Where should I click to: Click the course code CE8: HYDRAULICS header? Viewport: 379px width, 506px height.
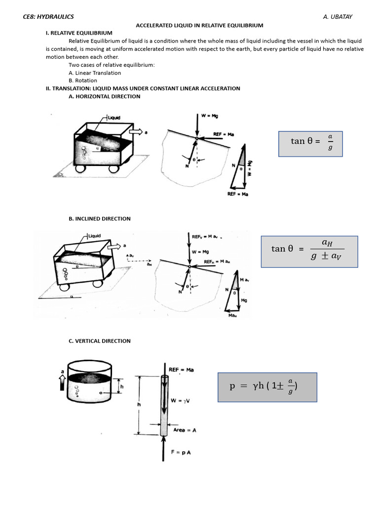[x=48, y=17]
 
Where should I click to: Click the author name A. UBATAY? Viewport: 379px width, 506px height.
[x=338, y=17]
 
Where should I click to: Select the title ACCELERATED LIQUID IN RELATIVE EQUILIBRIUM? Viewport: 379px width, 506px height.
[x=199, y=25]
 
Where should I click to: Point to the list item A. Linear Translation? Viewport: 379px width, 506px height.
[x=95, y=73]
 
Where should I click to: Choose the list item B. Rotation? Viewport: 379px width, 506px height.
[x=83, y=81]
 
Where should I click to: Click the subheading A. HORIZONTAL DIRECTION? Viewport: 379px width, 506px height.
[x=105, y=96]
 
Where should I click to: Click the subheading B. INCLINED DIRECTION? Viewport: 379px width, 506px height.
[x=100, y=218]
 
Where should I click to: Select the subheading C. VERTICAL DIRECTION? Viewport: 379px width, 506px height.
[x=100, y=341]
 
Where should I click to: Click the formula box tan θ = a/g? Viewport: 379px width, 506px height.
[x=310, y=144]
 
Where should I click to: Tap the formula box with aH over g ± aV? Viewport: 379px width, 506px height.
[x=309, y=252]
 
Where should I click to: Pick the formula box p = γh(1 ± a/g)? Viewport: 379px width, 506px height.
[x=267, y=387]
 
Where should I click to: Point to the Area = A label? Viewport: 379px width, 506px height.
[x=185, y=430]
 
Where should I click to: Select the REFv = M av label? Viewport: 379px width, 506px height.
[x=207, y=237]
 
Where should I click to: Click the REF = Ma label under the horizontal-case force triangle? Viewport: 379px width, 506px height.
[x=237, y=194]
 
